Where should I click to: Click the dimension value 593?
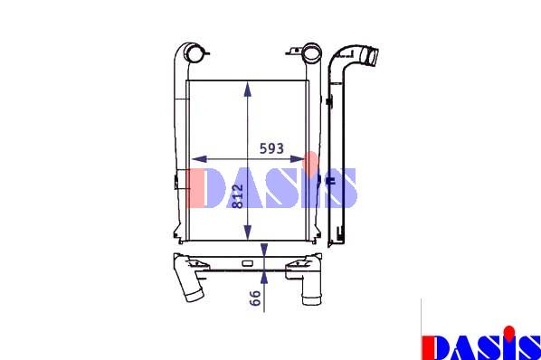271,148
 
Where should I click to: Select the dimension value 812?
238,196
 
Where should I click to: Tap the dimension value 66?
255,298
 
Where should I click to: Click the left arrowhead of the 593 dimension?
199,159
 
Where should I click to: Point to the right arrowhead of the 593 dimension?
297,159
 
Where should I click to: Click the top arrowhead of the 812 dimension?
247,89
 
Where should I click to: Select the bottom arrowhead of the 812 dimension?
247,232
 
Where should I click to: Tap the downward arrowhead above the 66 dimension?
264,251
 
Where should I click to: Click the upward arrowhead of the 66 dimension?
264,277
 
